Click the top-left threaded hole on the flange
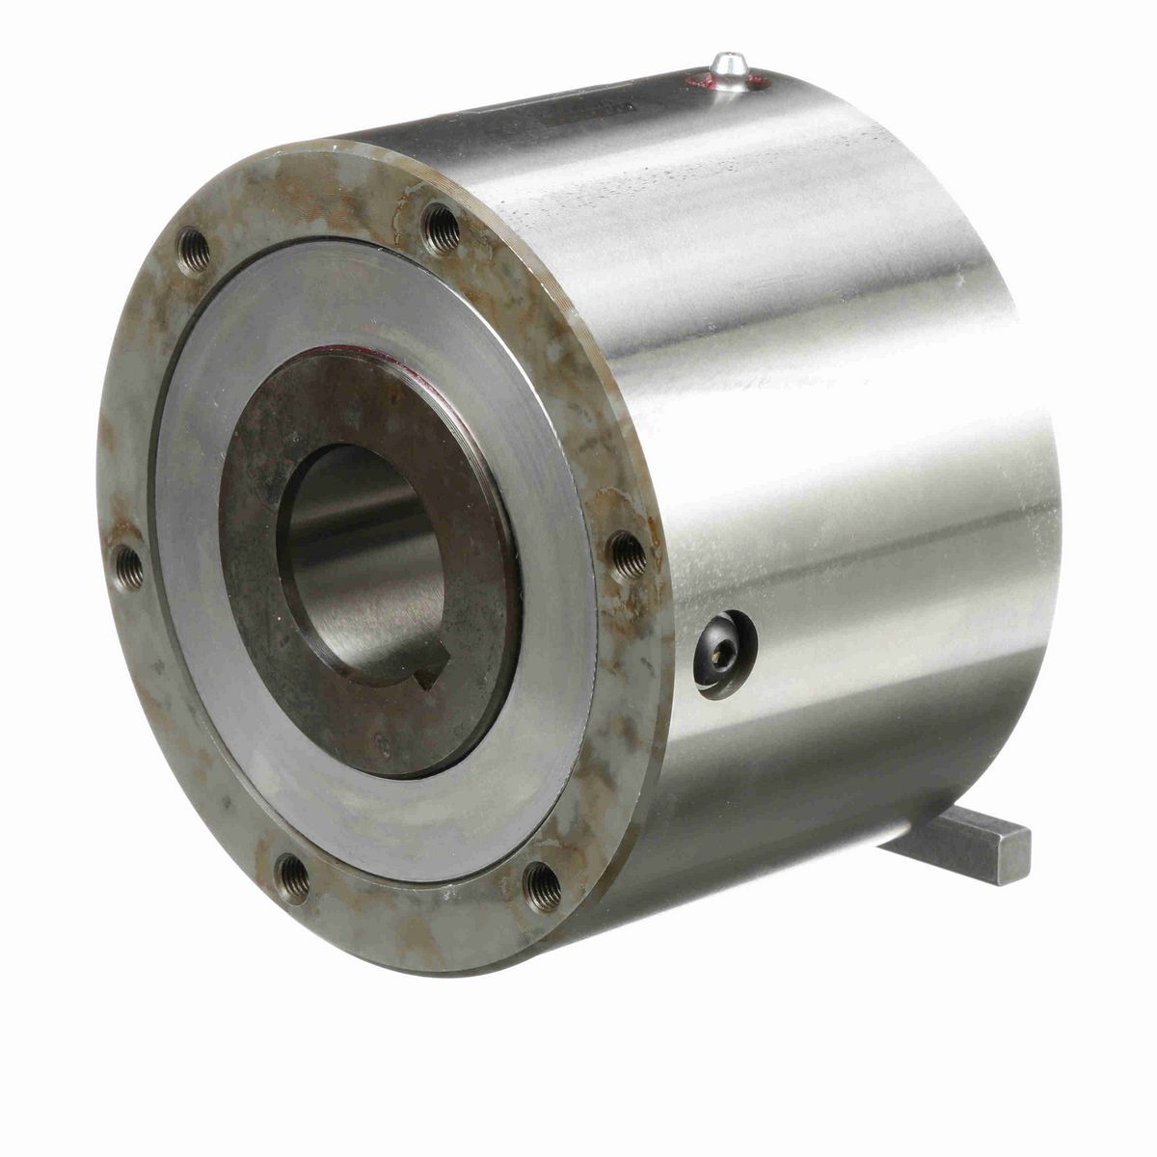pyautogui.click(x=195, y=250)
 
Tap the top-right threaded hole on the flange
pyautogui.click(x=443, y=229)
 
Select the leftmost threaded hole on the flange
pyautogui.click(x=128, y=568)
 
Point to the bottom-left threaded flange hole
pyautogui.click(x=292, y=878)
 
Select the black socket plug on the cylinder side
pyautogui.click(x=725, y=655)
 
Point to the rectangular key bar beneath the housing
pyautogui.click(x=964, y=844)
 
